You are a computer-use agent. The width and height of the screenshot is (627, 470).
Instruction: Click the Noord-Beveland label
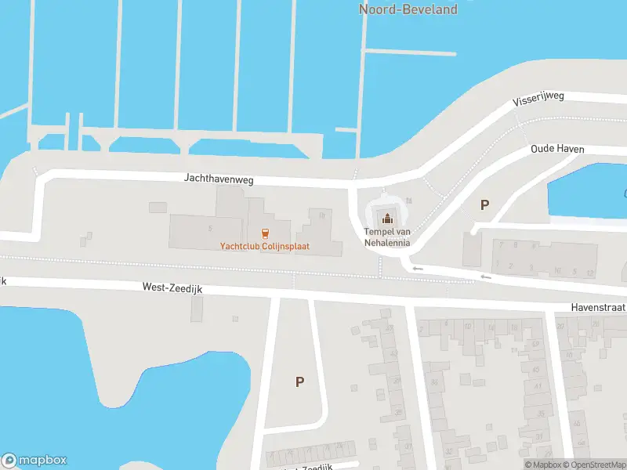pos(408,9)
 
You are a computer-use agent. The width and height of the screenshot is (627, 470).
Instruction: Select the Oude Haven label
pos(557,149)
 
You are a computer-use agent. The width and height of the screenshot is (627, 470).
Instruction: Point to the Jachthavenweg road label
pos(219,179)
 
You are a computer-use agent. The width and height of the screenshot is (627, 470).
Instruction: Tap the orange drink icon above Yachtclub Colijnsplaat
pos(265,233)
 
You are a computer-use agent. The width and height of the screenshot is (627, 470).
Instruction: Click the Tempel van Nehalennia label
pos(387,237)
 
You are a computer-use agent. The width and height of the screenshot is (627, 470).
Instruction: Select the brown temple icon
pos(387,219)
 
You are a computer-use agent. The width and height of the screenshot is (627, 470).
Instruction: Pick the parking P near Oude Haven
pos(484,205)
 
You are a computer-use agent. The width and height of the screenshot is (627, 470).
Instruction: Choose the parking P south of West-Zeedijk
pos(299,382)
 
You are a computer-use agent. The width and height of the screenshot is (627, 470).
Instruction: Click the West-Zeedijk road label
pos(172,288)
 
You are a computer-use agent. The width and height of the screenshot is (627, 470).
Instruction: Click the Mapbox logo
pos(34,461)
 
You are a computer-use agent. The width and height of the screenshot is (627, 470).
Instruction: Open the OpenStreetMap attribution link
pos(598,465)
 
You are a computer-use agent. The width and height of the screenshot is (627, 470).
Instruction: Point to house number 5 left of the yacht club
pos(210,228)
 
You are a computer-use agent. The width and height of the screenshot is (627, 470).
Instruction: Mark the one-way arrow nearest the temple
pos(418,269)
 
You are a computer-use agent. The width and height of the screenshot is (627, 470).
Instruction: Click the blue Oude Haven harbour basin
pos(588,192)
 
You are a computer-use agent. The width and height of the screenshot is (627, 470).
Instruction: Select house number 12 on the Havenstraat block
pos(589,272)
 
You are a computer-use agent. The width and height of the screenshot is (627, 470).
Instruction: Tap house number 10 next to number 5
pos(557,272)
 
